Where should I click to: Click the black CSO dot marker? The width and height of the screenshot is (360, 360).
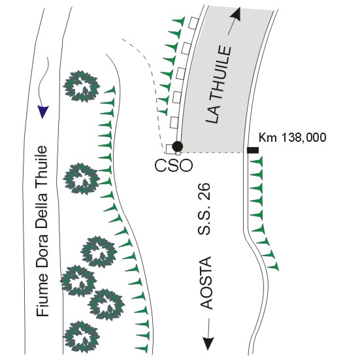(178, 146)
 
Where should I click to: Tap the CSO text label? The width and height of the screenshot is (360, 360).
(174, 165)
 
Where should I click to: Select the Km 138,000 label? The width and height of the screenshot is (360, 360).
(292, 137)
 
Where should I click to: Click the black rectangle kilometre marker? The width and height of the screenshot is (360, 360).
(253, 150)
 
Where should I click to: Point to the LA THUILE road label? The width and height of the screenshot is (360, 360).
(218, 84)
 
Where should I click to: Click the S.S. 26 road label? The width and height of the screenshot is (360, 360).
(204, 208)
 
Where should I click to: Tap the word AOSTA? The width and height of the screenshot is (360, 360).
(206, 283)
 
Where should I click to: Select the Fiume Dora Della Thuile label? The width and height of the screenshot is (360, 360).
(42, 231)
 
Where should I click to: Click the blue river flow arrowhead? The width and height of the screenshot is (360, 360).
(43, 112)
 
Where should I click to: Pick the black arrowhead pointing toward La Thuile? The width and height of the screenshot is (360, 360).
(237, 14)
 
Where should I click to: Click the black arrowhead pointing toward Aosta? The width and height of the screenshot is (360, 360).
(208, 344)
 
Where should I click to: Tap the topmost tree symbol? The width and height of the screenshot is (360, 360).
(81, 86)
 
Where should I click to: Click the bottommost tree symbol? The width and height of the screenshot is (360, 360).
(81, 337)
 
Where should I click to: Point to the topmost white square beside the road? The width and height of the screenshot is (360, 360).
(193, 23)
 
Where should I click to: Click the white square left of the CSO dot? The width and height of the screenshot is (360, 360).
(170, 149)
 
